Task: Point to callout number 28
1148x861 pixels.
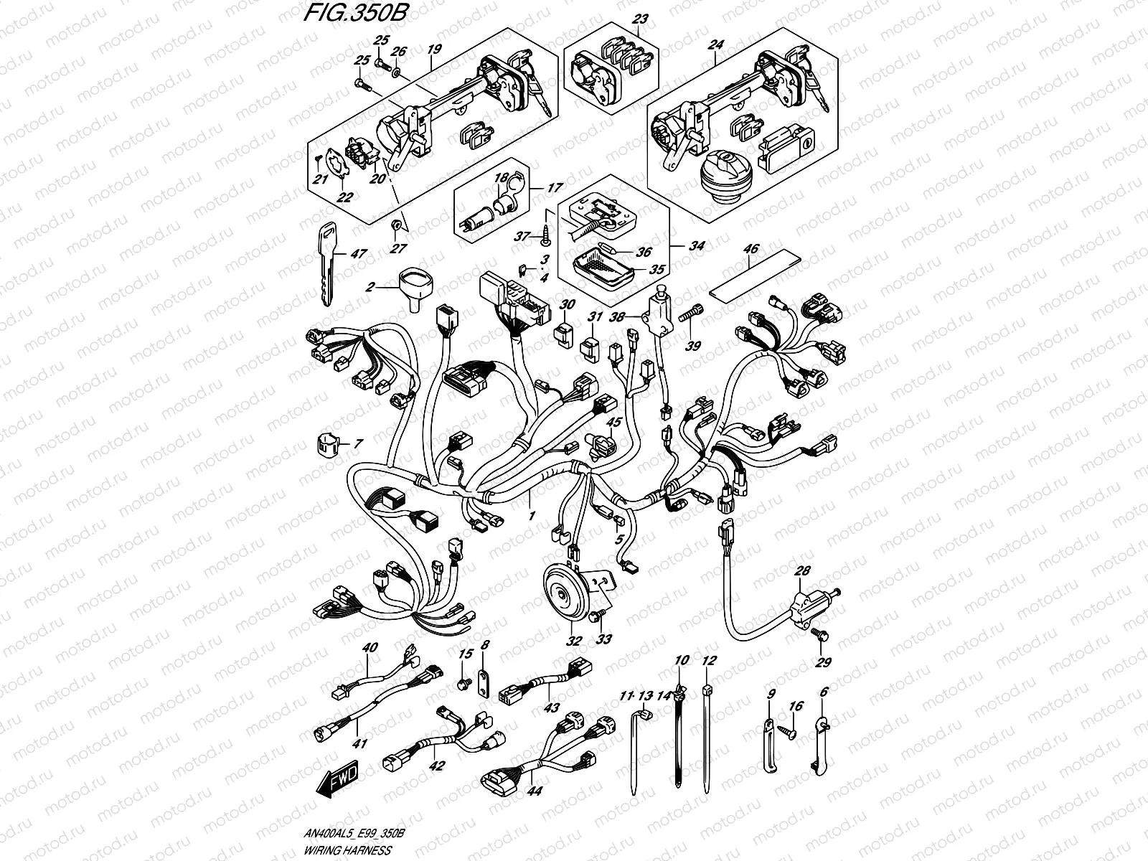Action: [x=801, y=572]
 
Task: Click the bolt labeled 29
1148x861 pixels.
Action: [x=823, y=636]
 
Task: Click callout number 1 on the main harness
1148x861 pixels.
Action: [x=531, y=516]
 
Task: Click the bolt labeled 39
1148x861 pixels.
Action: [x=696, y=314]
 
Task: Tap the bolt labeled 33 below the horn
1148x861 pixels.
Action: [x=598, y=616]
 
